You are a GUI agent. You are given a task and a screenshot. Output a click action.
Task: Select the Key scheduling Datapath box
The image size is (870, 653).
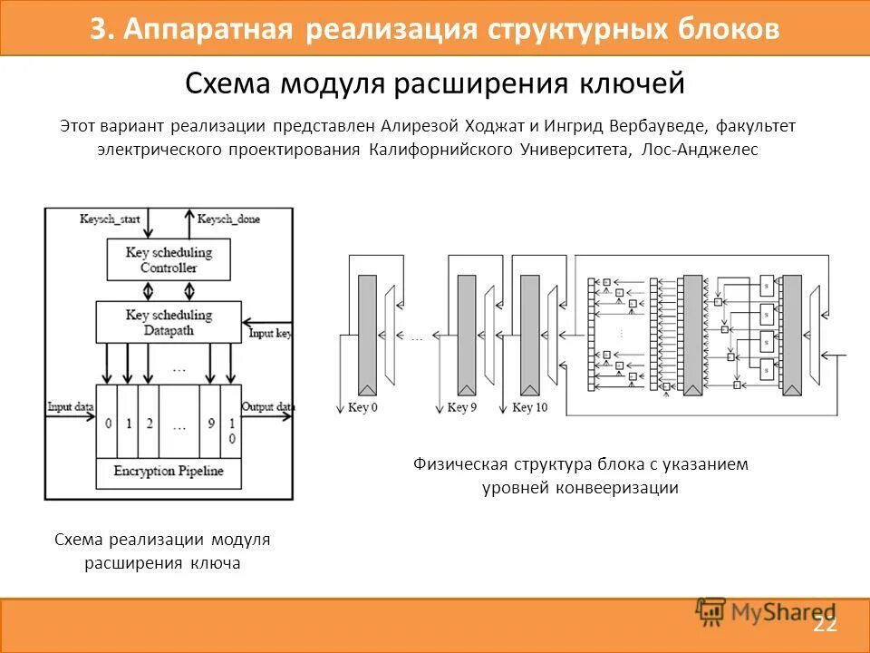[169, 323]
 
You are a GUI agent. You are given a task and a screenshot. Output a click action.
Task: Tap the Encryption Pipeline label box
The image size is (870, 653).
[169, 472]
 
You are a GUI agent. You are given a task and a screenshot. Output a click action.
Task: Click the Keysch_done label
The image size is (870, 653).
[227, 219]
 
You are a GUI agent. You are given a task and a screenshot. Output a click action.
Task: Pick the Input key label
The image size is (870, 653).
[270, 334]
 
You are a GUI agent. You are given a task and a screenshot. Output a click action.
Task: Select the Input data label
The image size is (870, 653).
[71, 407]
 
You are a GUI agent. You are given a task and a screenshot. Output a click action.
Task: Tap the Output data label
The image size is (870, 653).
[268, 407]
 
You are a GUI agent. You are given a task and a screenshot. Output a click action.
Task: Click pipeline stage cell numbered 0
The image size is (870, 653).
[107, 423]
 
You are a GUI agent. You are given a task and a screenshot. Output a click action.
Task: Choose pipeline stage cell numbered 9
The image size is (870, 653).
[210, 423]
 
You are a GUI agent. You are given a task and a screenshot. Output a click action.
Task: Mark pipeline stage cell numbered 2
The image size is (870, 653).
[148, 423]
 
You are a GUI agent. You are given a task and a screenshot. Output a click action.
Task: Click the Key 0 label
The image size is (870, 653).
[362, 408]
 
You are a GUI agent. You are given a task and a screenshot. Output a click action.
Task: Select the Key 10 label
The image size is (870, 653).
[529, 408]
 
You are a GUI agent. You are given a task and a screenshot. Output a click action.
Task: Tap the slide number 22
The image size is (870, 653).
[825, 624]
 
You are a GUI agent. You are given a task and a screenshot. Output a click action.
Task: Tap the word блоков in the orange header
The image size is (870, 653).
[729, 28]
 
